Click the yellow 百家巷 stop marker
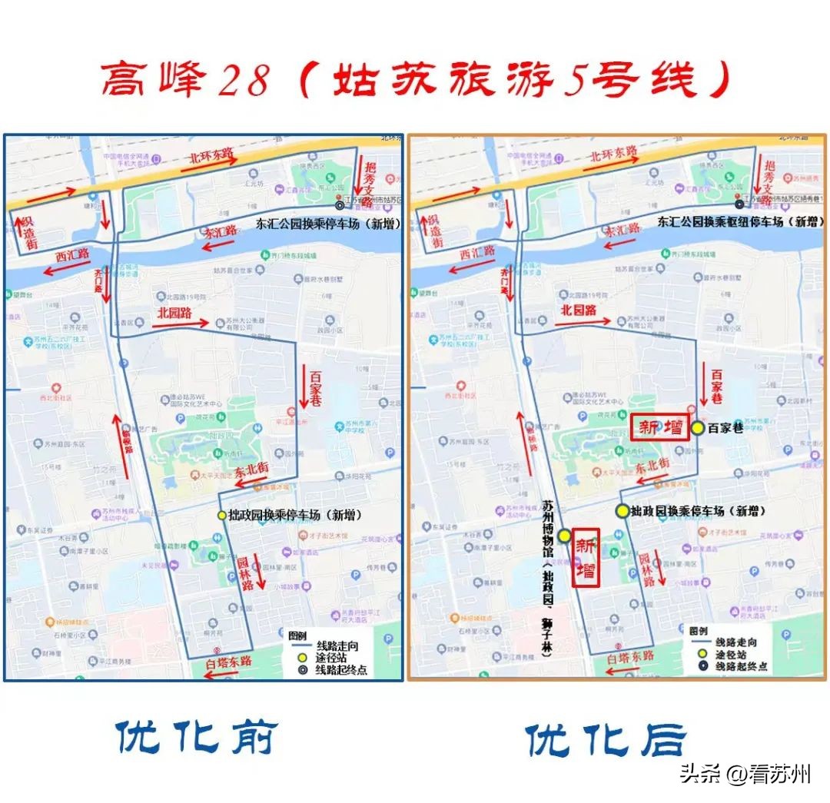pyautogui.click(x=697, y=428)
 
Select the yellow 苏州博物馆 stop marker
pyautogui.click(x=564, y=536)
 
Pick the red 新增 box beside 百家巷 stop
pyautogui.click(x=660, y=428)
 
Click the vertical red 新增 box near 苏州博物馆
pyautogui.click(x=586, y=557)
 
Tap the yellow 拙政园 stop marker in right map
pyautogui.click(x=621, y=510)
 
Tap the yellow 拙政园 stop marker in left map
pyautogui.click(x=222, y=515)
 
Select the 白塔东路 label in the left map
pyautogui.click(x=229, y=662)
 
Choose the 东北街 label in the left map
pyautogui.click(x=251, y=470)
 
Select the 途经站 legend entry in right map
pyautogui.click(x=723, y=654)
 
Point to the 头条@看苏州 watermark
pyautogui.click(x=745, y=773)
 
